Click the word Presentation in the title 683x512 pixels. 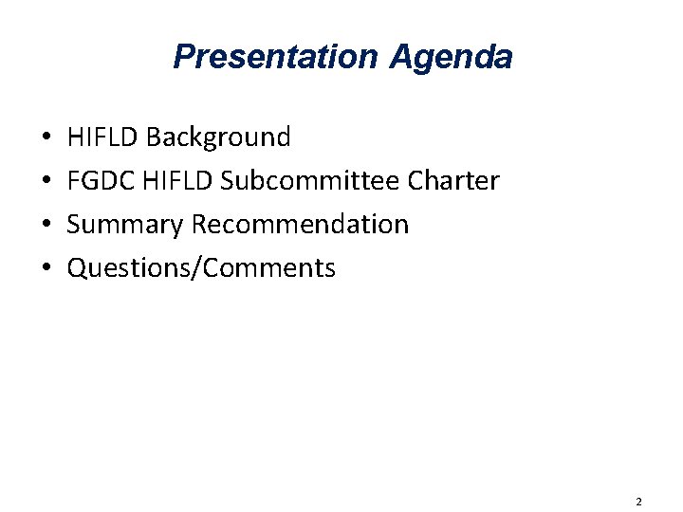tap(275, 57)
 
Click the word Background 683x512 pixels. tap(218, 138)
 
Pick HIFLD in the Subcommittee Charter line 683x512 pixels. tap(177, 181)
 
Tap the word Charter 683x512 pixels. tap(452, 181)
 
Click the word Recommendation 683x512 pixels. tap(300, 225)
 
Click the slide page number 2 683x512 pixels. tap(638, 501)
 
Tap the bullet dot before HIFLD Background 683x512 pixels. tap(46, 138)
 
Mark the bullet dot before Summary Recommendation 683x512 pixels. tap(46, 226)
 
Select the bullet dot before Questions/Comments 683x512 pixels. tap(46, 269)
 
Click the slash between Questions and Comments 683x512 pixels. tap(194, 269)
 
